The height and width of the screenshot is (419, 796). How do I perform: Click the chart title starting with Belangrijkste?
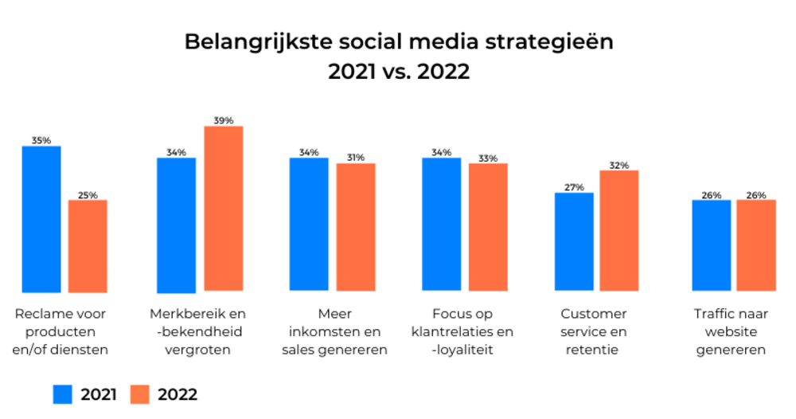[399, 56]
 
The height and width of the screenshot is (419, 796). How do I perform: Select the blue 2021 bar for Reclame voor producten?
[41, 219]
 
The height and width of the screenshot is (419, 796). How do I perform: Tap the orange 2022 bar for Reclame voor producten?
[88, 245]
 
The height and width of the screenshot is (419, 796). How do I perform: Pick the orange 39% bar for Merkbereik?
[224, 208]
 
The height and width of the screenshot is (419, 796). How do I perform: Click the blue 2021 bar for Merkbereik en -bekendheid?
[176, 225]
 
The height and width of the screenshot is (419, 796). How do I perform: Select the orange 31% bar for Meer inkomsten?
[356, 227]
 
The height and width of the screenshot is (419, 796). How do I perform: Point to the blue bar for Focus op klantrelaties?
[441, 224]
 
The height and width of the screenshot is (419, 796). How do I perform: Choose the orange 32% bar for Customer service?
[619, 230]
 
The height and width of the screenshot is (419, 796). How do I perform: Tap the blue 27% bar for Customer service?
[574, 241]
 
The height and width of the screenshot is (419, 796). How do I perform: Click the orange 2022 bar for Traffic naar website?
[756, 245]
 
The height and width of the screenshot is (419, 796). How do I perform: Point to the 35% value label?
[41, 140]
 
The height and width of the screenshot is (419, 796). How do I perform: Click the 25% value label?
[88, 194]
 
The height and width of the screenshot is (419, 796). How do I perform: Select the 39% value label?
[224, 120]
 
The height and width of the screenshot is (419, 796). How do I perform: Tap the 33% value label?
[488, 158]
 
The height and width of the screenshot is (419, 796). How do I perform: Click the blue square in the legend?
[64, 394]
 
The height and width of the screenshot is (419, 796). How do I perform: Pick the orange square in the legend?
[140, 394]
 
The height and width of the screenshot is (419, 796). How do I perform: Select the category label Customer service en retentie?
[594, 331]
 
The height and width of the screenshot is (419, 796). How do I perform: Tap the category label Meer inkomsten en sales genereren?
[334, 331]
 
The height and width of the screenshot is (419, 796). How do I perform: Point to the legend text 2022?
[178, 394]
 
